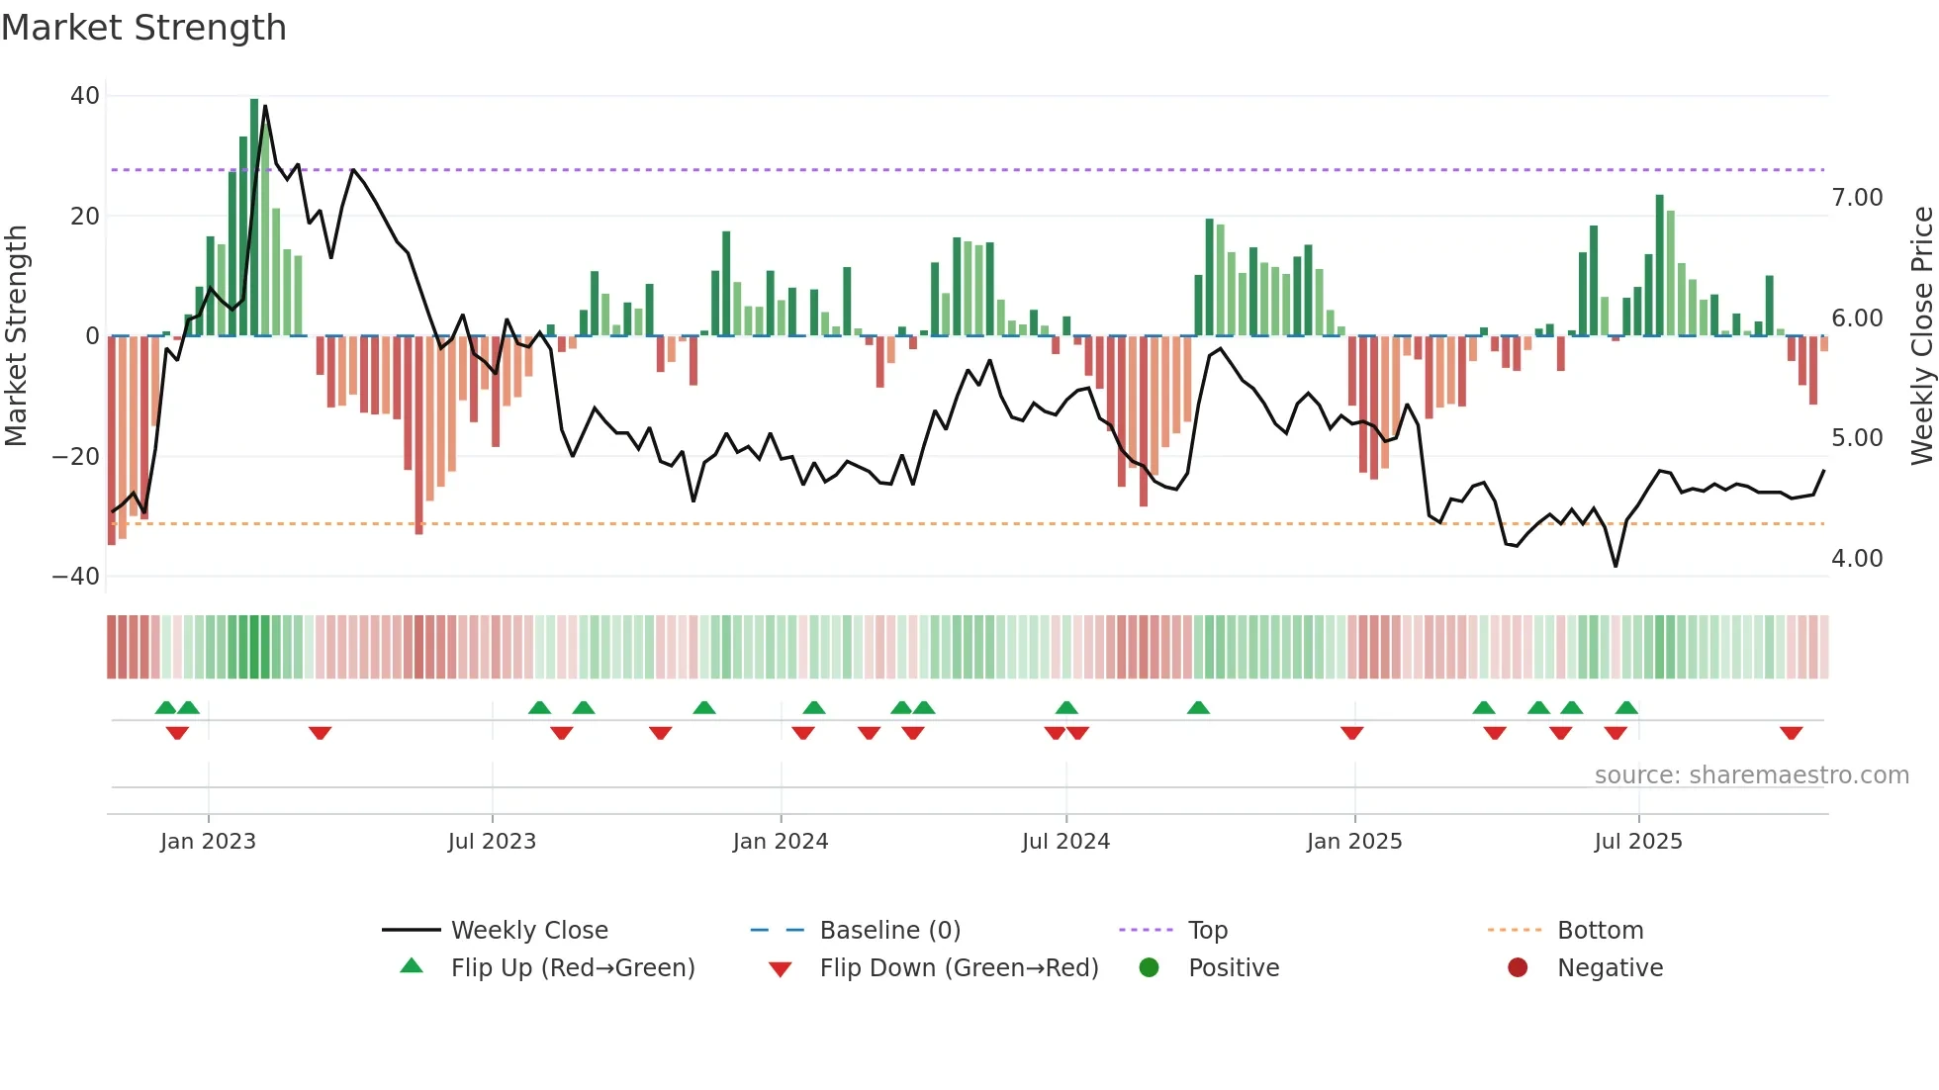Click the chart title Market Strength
point(143,28)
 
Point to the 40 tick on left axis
point(85,96)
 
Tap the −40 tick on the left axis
point(76,577)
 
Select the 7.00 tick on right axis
point(1856,198)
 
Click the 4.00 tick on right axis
point(1856,559)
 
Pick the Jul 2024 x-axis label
point(1065,842)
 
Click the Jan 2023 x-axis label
point(208,842)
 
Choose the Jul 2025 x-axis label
point(1637,842)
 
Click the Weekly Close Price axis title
point(1921,336)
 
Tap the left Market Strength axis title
point(17,336)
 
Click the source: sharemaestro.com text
point(1751,775)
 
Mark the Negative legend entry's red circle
point(1518,967)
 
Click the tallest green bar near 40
point(254,218)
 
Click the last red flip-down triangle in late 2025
point(1791,733)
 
